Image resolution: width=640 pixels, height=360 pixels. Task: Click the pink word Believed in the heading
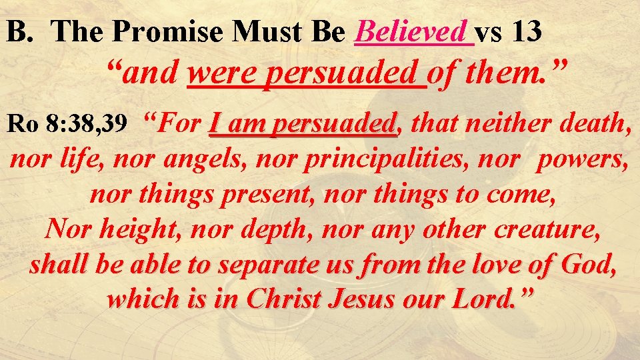[412, 31]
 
